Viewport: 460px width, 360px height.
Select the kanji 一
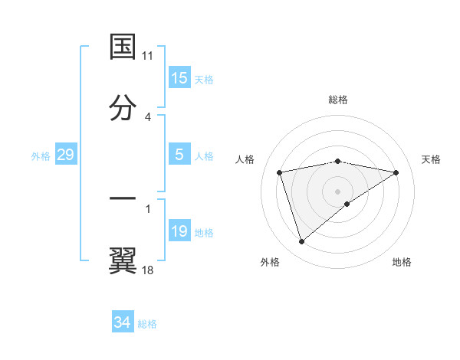[123, 198]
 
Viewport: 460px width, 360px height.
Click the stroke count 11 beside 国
[148, 56]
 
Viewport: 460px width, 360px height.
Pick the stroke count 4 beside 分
[148, 117]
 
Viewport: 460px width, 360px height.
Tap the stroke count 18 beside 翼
[148, 270]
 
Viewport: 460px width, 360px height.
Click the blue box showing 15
[179, 78]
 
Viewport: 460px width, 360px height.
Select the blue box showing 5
[179, 155]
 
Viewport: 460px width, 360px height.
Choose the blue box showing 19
[179, 231]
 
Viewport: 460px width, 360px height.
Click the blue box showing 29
[65, 155]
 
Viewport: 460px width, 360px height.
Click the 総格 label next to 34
[147, 324]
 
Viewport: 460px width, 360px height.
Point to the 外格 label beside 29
[41, 156]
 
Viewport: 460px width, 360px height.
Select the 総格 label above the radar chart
[338, 100]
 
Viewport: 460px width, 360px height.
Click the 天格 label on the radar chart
[432, 159]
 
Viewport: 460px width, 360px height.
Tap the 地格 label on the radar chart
[402, 262]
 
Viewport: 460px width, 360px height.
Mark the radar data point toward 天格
[396, 172]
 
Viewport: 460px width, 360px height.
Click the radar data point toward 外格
[301, 242]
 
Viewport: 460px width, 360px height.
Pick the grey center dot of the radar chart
[338, 191]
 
